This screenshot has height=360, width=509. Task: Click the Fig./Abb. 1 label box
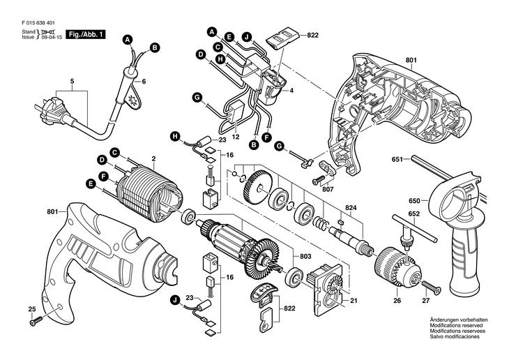(85, 33)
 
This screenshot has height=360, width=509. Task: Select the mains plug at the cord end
(43, 111)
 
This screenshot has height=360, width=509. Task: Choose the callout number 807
(328, 188)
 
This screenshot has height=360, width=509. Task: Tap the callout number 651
(397, 160)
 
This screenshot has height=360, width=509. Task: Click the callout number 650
(413, 200)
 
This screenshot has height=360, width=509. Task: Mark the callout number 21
(354, 301)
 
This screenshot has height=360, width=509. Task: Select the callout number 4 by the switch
(291, 91)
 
